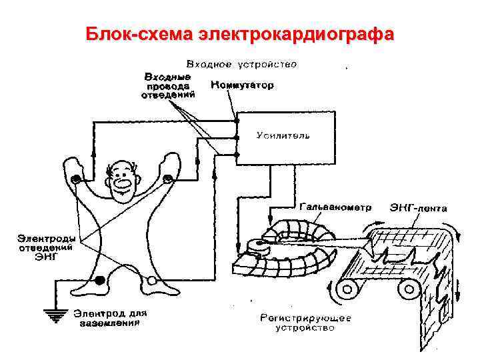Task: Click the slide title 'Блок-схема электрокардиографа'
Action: click(240, 33)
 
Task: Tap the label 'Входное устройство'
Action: click(241, 65)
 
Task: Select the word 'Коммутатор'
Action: click(241, 86)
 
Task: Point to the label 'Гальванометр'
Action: click(336, 207)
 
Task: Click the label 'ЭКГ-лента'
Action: click(418, 208)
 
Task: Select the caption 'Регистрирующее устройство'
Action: click(305, 323)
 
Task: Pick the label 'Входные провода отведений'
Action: click(168, 86)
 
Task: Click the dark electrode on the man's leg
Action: click(101, 281)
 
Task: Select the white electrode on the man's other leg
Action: click(152, 281)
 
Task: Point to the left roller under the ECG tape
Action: click(345, 289)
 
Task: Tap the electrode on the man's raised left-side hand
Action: click(77, 179)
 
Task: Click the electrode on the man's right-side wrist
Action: click(167, 178)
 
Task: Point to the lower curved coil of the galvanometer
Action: click(287, 267)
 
